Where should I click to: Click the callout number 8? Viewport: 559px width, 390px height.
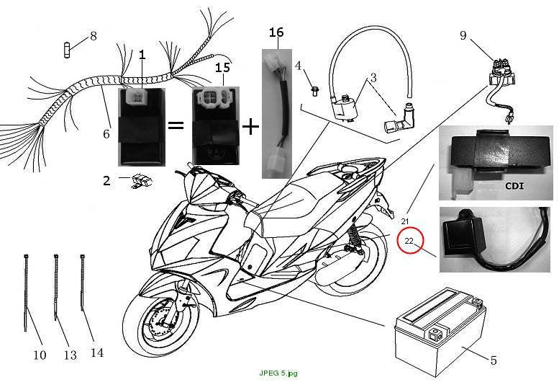click(93, 36)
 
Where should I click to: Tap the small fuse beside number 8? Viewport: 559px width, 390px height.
click(67, 50)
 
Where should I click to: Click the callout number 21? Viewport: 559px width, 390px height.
click(404, 221)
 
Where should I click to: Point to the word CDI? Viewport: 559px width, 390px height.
click(515, 186)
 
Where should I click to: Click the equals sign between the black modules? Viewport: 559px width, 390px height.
click(176, 125)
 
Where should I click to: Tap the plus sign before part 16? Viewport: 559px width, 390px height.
click(250, 127)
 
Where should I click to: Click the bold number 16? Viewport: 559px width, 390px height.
click(276, 32)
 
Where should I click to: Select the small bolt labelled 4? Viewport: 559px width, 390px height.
click(314, 91)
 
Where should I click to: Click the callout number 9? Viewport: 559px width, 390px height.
click(463, 35)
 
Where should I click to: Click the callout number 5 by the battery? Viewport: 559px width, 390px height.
click(494, 360)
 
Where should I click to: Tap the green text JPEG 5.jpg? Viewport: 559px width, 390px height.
click(278, 373)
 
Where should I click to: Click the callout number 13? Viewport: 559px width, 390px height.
click(71, 355)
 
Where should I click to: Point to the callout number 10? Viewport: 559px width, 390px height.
click(40, 355)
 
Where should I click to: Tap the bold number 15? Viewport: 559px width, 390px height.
click(223, 68)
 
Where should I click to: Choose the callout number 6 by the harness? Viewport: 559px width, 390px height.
click(106, 134)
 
